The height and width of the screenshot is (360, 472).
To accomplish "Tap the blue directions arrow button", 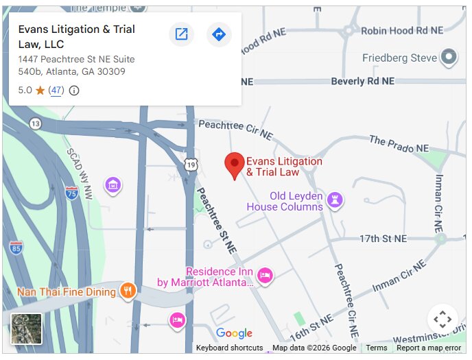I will (219, 34).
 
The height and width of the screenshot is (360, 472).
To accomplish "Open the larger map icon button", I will (181, 34).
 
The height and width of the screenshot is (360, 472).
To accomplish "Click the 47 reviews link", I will (56, 91).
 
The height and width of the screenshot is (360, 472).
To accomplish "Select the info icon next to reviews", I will (74, 91).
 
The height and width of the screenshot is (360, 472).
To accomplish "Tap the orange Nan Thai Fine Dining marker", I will (128, 291).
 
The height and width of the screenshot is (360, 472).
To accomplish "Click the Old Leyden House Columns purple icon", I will (335, 200).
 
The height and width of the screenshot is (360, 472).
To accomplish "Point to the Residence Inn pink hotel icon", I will (265, 276).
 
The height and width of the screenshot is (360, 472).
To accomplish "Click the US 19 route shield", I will (191, 165).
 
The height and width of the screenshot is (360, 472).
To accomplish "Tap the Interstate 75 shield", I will (71, 193).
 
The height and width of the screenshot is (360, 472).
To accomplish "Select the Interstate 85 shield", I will (16, 247).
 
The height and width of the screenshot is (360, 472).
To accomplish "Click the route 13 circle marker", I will (35, 123).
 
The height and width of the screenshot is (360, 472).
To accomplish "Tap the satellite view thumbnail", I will (27, 328).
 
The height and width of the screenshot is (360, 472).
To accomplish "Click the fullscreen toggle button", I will (442, 320).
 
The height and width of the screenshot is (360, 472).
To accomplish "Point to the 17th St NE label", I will (383, 239).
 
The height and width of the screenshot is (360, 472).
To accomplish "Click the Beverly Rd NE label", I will (363, 81).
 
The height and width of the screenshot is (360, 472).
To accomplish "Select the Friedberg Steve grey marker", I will (449, 57).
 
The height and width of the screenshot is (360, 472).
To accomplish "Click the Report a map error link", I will (429, 348).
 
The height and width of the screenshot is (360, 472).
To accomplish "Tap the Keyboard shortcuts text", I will (229, 348).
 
